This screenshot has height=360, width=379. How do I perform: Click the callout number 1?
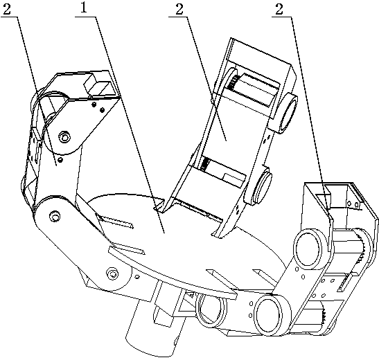click(84, 9)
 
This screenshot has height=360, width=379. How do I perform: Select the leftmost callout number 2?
click(7, 9)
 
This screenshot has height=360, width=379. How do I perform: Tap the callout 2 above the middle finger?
click(179, 9)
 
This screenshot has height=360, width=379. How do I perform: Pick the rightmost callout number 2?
click(279, 10)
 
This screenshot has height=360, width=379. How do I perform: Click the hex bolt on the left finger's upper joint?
click(64, 137)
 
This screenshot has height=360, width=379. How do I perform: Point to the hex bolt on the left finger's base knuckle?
click(54, 216)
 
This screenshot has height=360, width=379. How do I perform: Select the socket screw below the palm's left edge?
click(112, 273)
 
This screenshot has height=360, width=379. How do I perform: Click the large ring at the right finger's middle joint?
click(308, 249)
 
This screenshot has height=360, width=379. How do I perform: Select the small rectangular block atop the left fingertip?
click(97, 85)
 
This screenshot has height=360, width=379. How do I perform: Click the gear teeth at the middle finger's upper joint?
click(233, 82)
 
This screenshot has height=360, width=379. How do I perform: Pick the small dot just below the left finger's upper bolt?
click(61, 160)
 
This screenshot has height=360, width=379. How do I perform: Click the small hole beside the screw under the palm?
click(137, 277)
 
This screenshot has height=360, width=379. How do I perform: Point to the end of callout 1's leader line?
click(165, 233)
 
